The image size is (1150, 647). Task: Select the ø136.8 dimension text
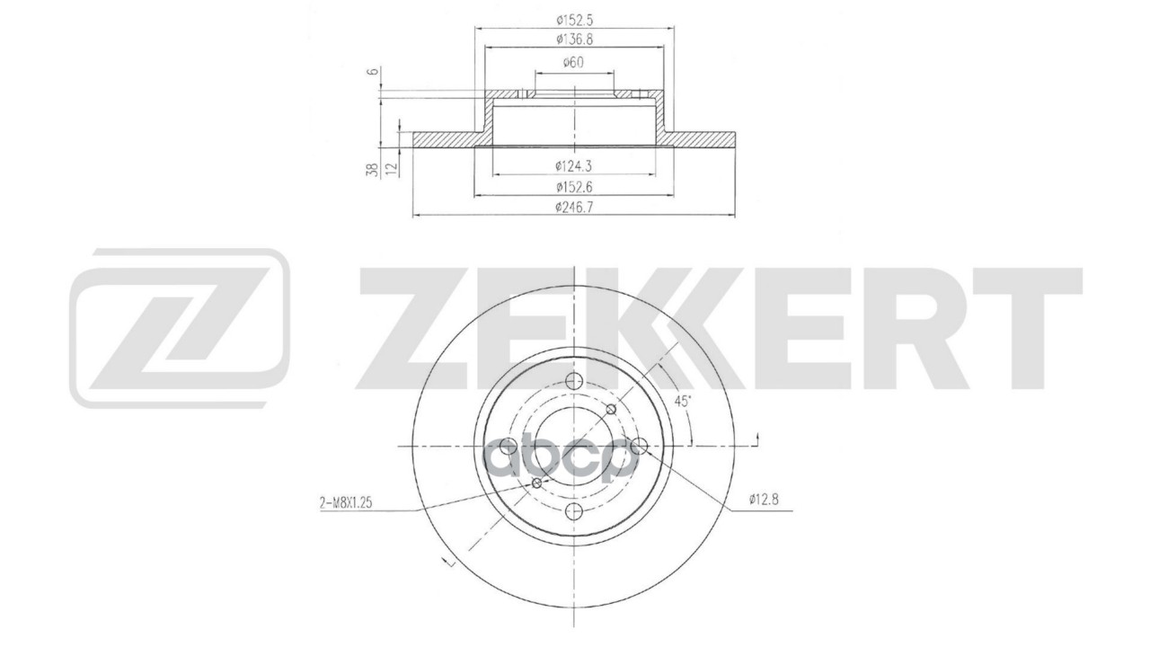(572, 39)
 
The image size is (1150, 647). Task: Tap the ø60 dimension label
(573, 62)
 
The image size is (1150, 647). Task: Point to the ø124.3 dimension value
(572, 164)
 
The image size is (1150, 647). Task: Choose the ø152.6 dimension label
(572, 187)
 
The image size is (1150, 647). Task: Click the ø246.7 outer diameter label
(572, 208)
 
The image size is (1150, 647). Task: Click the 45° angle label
(683, 402)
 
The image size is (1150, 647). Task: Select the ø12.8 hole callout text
(762, 501)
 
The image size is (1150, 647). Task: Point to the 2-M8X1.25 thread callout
(346, 504)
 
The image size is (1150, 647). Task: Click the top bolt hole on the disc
(574, 381)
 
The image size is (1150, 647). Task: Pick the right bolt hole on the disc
(640, 446)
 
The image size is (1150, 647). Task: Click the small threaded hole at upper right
(612, 410)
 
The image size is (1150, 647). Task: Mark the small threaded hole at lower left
(537, 484)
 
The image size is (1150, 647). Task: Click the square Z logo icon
(180, 328)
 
